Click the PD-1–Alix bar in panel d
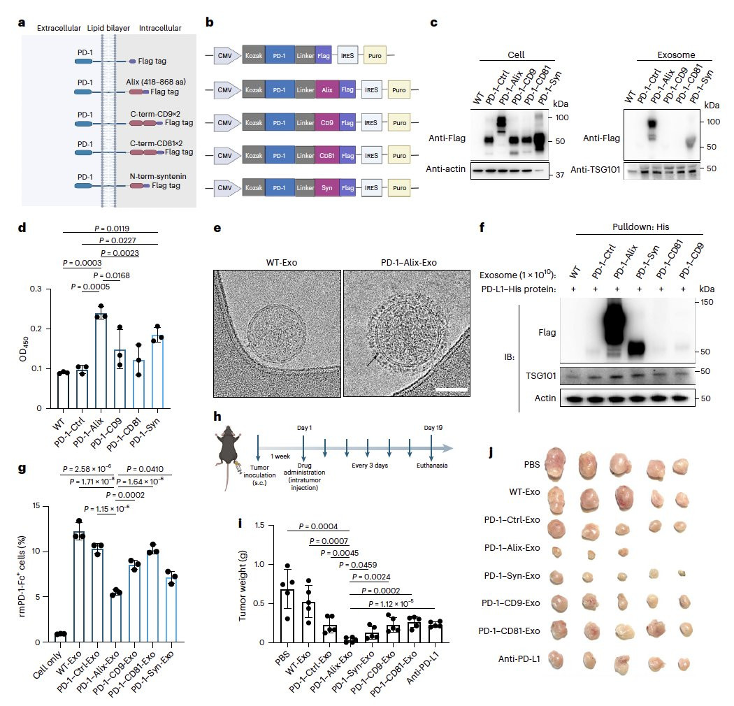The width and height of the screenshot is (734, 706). point(101,361)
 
